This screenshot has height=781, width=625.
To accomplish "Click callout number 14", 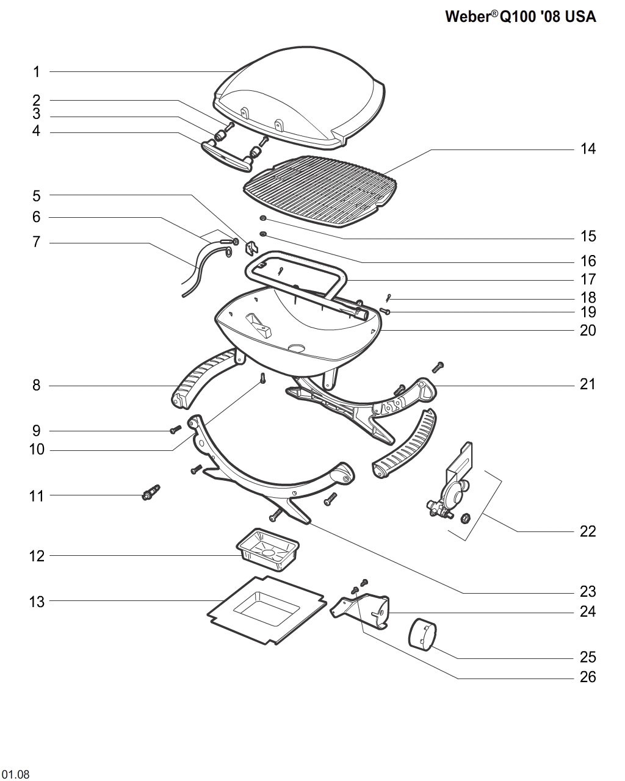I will (587, 149).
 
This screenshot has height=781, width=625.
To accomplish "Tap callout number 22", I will (587, 531).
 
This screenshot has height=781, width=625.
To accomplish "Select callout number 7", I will (37, 243).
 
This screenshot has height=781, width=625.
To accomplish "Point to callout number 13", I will (37, 602).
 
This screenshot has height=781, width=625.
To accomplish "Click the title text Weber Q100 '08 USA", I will (520, 17).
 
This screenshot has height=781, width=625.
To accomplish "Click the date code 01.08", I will (15, 775).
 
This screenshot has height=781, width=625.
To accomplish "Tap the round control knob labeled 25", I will (422, 633).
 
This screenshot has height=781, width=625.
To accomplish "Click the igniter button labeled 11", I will (151, 492).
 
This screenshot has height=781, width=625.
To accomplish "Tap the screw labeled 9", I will (174, 430).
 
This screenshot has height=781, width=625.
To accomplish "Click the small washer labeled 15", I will (263, 219).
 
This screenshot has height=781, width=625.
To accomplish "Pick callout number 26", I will (587, 677).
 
